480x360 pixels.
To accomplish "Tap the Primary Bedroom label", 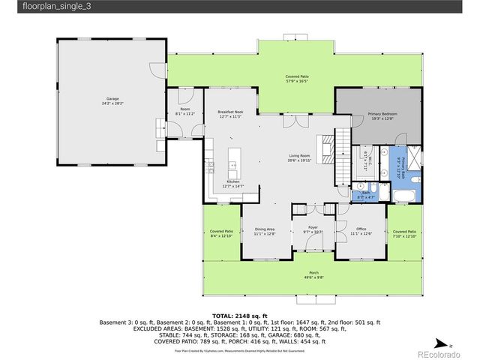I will pyautogui.click(x=382, y=115).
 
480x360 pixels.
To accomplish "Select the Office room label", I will pyautogui.click(x=361, y=229).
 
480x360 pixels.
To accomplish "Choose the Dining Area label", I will pyautogui.click(x=265, y=229).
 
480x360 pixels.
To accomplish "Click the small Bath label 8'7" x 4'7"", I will pyautogui.click(x=367, y=193).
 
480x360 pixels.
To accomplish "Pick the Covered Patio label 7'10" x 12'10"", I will pyautogui.click(x=404, y=232).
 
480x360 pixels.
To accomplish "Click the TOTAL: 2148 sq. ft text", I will pyautogui.click(x=240, y=316).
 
